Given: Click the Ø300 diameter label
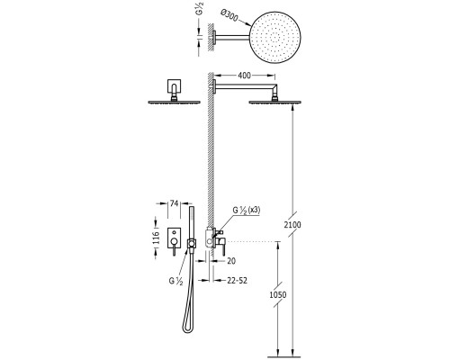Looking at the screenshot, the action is [x=229, y=16].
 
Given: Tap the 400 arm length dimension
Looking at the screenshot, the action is [x=244, y=76].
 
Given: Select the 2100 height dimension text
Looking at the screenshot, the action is [x=292, y=224].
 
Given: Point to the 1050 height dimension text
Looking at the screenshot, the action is [x=278, y=294].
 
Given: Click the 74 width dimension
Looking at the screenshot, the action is [x=174, y=203].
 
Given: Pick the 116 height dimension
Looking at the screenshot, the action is [x=156, y=238].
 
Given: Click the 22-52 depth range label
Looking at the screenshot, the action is [x=237, y=281].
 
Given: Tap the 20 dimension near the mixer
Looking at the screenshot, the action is [x=231, y=261].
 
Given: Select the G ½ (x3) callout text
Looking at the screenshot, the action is [x=247, y=210].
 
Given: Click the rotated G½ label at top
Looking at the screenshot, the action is [x=201, y=8].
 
